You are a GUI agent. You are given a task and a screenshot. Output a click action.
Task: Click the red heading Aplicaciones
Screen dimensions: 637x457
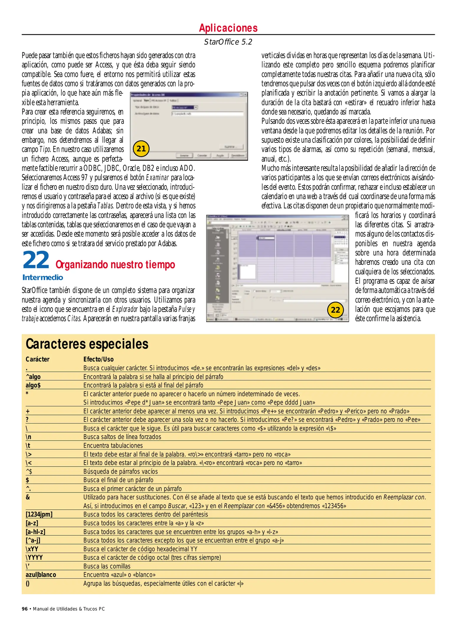(x=228, y=28)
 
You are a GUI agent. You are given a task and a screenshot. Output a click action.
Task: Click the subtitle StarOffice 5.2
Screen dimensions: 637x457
(x=228, y=42)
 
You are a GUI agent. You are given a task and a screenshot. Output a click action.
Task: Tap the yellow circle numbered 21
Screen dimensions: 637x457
(x=141, y=149)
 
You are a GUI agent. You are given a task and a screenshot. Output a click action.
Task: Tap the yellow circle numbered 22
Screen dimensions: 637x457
(x=335, y=310)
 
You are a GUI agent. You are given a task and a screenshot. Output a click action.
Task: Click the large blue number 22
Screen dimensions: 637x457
(x=36, y=260)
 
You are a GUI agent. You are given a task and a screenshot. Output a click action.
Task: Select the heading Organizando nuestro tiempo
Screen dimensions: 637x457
(x=115, y=265)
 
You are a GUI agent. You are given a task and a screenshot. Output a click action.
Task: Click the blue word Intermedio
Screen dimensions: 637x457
(x=43, y=278)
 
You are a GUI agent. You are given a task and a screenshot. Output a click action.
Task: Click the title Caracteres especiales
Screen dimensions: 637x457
(x=87, y=344)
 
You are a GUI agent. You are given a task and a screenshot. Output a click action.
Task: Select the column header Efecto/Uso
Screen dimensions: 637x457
(x=98, y=359)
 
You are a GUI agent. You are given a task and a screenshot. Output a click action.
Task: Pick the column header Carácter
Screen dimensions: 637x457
(x=37, y=359)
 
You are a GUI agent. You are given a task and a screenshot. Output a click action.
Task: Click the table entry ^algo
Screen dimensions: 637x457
(x=33, y=377)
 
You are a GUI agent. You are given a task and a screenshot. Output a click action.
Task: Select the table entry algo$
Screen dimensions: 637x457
(x=33, y=385)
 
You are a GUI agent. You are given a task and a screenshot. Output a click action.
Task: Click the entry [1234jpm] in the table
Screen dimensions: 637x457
(x=39, y=514)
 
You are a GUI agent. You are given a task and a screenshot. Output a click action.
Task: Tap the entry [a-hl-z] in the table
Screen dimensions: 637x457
(x=35, y=532)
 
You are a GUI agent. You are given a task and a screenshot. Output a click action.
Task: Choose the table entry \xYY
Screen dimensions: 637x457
(x=32, y=549)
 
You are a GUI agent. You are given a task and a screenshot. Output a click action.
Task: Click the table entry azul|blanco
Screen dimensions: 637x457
(x=41, y=575)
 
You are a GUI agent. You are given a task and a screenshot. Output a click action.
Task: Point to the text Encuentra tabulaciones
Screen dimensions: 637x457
(x=113, y=446)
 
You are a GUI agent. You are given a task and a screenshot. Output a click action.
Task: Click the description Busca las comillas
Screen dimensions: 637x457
(x=107, y=566)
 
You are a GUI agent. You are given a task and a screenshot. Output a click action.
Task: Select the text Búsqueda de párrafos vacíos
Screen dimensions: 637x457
(x=120, y=472)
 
